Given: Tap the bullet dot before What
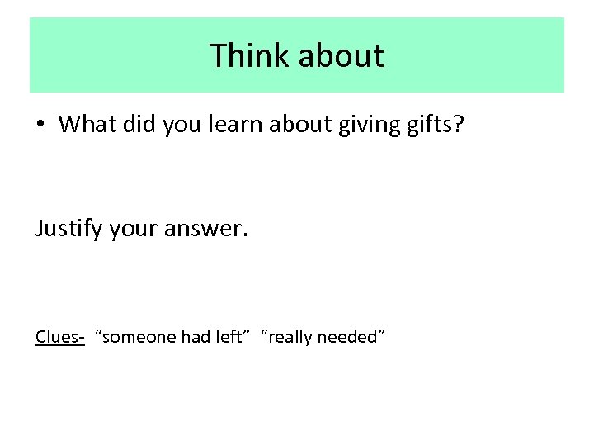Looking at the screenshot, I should pos(40,125).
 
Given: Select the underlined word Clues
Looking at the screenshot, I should pos(58,336).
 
